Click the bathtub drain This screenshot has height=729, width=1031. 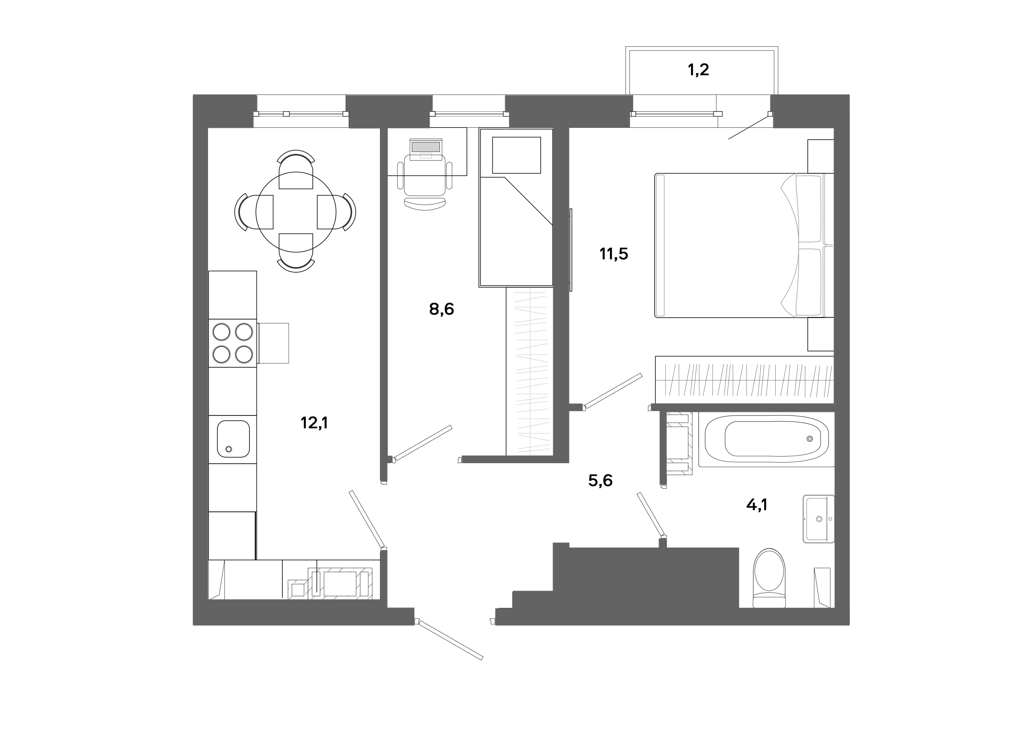tap(810, 438)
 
